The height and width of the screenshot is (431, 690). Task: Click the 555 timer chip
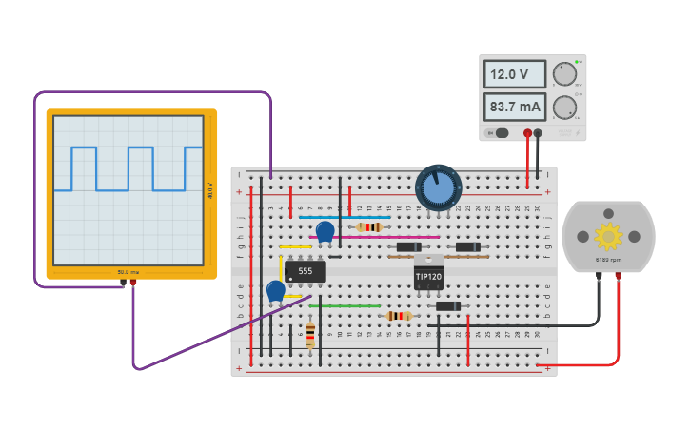[305, 271]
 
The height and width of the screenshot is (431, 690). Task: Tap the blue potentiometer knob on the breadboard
[439, 187]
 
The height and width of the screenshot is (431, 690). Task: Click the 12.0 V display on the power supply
[515, 74]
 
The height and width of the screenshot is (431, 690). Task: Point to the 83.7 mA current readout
[515, 107]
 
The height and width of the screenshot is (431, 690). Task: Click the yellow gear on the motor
[608, 235]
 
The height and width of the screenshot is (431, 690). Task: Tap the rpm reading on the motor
[608, 260]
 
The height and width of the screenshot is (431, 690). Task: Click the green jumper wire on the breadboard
[344, 306]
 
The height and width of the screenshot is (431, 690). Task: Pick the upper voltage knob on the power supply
[564, 74]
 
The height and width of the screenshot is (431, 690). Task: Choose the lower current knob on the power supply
[564, 107]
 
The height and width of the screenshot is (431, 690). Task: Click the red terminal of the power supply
[527, 133]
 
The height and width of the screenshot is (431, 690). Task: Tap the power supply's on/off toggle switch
[497, 133]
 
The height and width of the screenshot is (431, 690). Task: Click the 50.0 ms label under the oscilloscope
[128, 272]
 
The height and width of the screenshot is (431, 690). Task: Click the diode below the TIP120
[447, 306]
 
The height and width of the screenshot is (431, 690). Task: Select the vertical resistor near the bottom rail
[310, 335]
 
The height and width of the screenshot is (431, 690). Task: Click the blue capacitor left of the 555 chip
[275, 291]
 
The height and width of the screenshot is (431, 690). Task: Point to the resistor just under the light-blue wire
[369, 226]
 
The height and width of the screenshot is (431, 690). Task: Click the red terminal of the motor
[618, 277]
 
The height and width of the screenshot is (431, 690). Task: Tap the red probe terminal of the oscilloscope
[132, 283]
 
